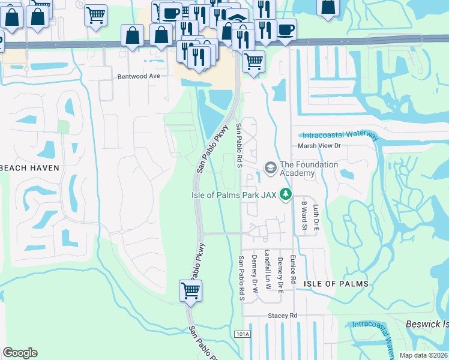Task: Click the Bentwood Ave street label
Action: [x=139, y=76]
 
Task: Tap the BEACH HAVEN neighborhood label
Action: [x=30, y=168]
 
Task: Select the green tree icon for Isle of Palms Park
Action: [x=287, y=193]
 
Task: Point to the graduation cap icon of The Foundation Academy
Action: [x=270, y=168]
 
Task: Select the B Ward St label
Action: [x=304, y=216]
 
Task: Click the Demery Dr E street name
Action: [x=280, y=274]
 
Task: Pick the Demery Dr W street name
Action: [x=255, y=274]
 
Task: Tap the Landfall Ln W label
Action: [x=267, y=270]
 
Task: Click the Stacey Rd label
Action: [x=283, y=316]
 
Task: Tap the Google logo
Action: [x=20, y=353]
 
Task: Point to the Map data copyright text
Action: [x=424, y=355]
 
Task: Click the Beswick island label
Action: [x=427, y=323]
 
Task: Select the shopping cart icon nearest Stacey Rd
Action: [x=191, y=290]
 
